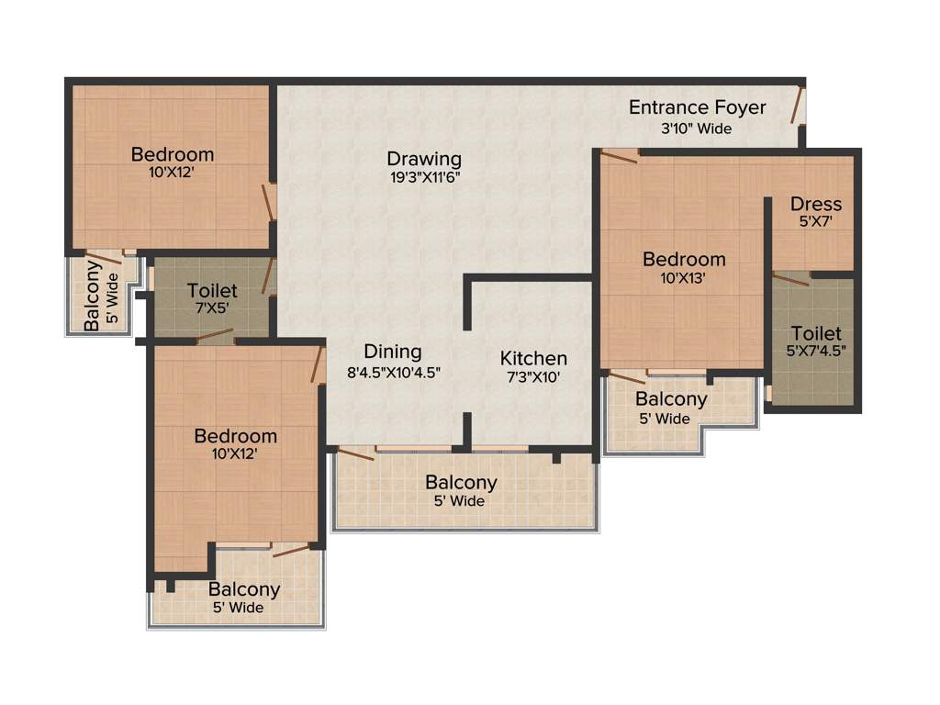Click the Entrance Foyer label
point(697,107)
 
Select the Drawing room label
point(423,158)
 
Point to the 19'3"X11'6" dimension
point(423,178)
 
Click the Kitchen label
point(533,358)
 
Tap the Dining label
point(393,352)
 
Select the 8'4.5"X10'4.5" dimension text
point(393,373)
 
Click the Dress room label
point(816,204)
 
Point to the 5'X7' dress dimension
point(816,221)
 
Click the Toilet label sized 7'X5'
point(212,291)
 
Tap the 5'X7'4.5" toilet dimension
point(816,350)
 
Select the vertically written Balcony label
point(93,296)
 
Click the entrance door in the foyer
point(798,106)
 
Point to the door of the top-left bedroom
point(269,201)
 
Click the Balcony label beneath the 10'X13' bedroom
point(671,399)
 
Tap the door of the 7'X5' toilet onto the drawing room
point(268,277)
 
